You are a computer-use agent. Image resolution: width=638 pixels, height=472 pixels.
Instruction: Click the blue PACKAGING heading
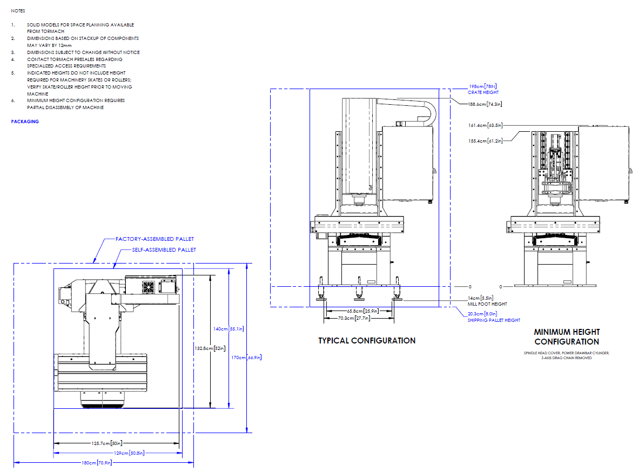pyautogui.click(x=25, y=122)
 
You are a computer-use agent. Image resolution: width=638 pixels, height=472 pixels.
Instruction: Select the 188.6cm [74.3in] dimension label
pyautogui.click(x=485, y=104)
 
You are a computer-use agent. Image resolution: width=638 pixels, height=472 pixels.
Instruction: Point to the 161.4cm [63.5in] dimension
pyautogui.click(x=485, y=125)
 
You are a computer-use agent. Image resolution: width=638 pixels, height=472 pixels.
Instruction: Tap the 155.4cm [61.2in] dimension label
pyautogui.click(x=485, y=141)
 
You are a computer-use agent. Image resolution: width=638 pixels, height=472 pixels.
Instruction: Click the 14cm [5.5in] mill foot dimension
pyautogui.click(x=480, y=298)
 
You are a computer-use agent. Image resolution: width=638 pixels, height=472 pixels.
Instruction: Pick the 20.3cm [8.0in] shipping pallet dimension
pyautogui.click(x=482, y=314)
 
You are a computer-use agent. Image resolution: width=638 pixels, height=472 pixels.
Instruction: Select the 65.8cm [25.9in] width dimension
pyautogui.click(x=361, y=311)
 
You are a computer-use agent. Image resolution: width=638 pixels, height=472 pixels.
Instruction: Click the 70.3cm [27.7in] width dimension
pyautogui.click(x=361, y=319)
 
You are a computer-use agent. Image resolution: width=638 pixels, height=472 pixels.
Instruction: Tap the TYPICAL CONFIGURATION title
pyautogui.click(x=367, y=341)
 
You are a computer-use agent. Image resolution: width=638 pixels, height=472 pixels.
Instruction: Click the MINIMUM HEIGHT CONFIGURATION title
pyautogui.click(x=567, y=336)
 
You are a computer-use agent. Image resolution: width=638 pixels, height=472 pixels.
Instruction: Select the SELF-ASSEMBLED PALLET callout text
pyautogui.click(x=164, y=250)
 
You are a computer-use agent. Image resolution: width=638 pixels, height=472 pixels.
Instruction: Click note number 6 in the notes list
pyautogui.click(x=13, y=100)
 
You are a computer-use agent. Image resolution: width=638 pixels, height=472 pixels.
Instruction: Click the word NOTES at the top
pyautogui.click(x=18, y=10)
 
